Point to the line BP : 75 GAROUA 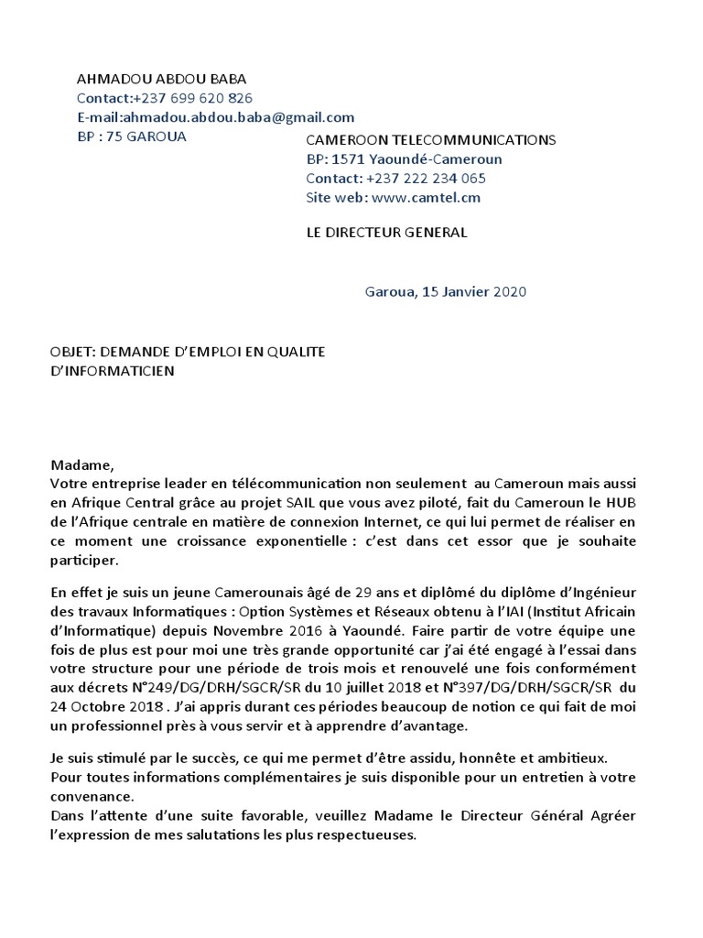pyautogui.click(x=131, y=136)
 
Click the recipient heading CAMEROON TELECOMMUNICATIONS pyautogui.click(x=430, y=139)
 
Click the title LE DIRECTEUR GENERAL pyautogui.click(x=386, y=232)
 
